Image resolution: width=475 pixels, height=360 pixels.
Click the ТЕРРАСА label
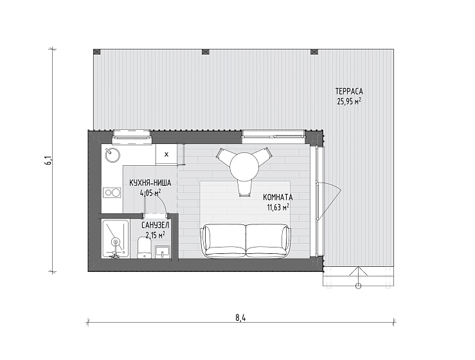point(349,91)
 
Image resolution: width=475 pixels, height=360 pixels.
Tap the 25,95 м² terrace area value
point(349,102)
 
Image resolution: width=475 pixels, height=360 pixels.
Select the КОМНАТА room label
point(278,197)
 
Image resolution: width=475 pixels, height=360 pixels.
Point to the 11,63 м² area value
point(278,208)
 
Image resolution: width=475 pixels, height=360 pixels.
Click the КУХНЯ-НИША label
point(150,183)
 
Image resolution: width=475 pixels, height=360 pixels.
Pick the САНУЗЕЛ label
point(156,225)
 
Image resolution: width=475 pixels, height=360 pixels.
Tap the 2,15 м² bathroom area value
point(156,235)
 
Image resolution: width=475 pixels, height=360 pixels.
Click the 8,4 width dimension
point(240,318)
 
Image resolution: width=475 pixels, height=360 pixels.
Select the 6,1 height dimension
point(48,160)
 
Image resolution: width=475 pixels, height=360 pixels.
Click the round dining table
point(244,166)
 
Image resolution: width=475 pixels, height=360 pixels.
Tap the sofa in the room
point(246,241)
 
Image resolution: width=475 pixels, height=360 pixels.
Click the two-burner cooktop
point(112,193)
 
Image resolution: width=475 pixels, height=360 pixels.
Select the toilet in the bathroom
point(144,248)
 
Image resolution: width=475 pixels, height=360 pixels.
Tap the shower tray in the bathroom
point(116,239)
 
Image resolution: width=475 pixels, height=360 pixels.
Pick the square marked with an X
point(166,154)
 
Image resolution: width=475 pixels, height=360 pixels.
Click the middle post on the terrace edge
point(206,51)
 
